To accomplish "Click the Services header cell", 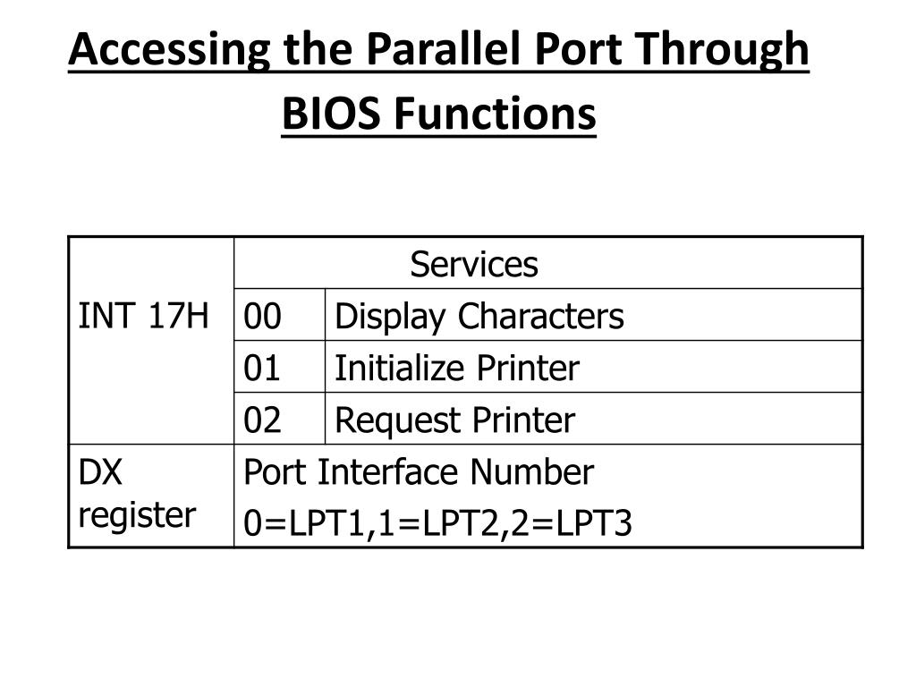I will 474,265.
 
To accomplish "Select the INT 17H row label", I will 144,316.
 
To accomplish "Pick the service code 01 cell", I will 263,368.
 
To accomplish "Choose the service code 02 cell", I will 263,420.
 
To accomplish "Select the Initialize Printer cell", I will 456,368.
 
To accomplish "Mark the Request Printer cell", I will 454,420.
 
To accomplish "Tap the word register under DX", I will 137,514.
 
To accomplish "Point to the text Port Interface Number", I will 418,472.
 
